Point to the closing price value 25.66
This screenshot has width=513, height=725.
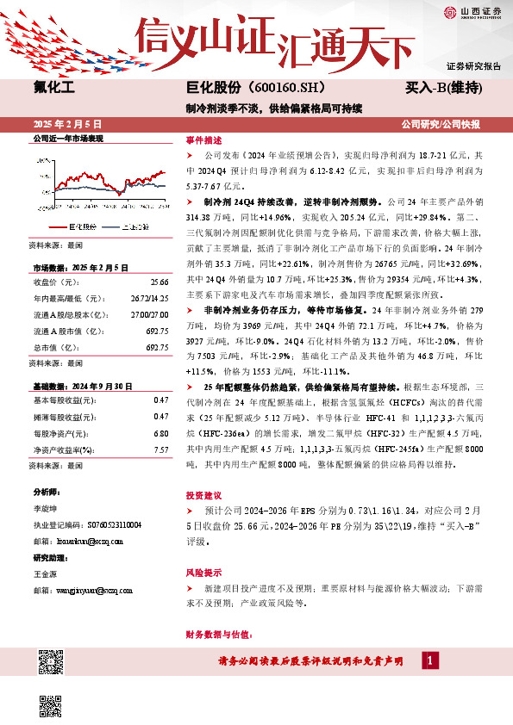point(159,257)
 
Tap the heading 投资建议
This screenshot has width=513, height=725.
point(203,496)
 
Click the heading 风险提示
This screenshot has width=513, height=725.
point(203,572)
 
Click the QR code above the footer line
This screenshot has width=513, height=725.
point(50,663)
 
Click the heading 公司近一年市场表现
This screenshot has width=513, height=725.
point(67,138)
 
